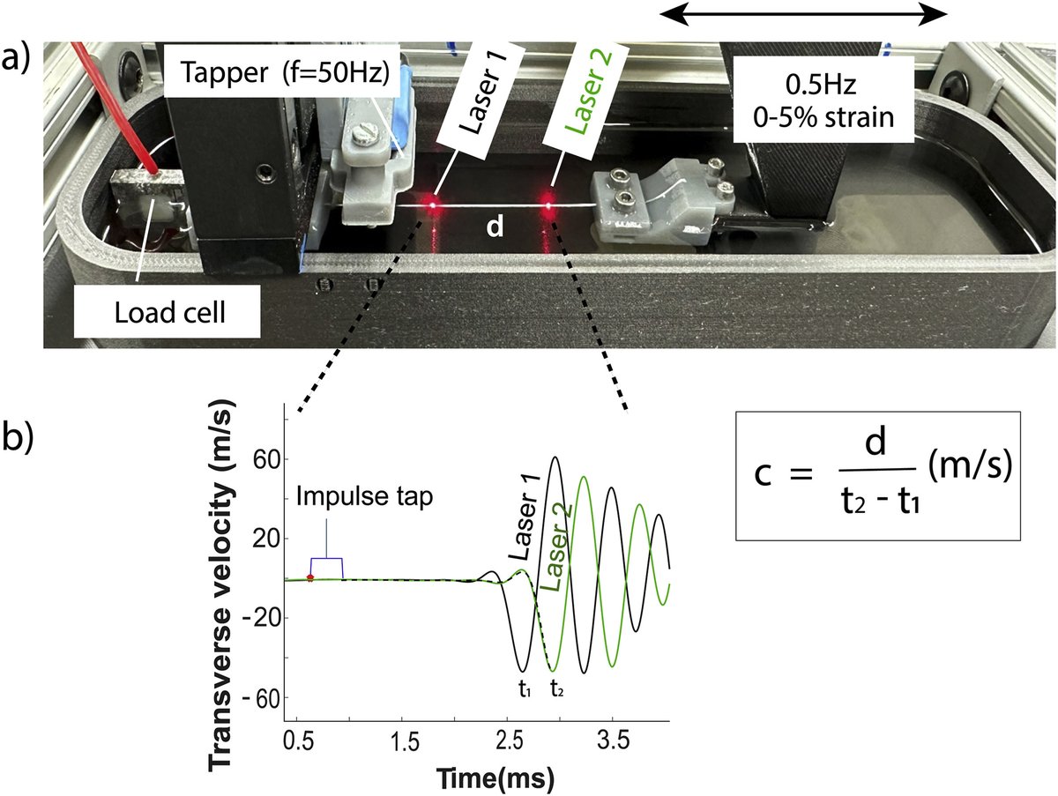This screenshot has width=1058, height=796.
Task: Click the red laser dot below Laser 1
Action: [x=433, y=205]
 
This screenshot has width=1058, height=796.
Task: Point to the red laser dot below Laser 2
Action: [x=549, y=208]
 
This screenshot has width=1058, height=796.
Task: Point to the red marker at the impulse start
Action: [x=309, y=577]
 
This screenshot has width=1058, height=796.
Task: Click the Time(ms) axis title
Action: [x=498, y=777]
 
